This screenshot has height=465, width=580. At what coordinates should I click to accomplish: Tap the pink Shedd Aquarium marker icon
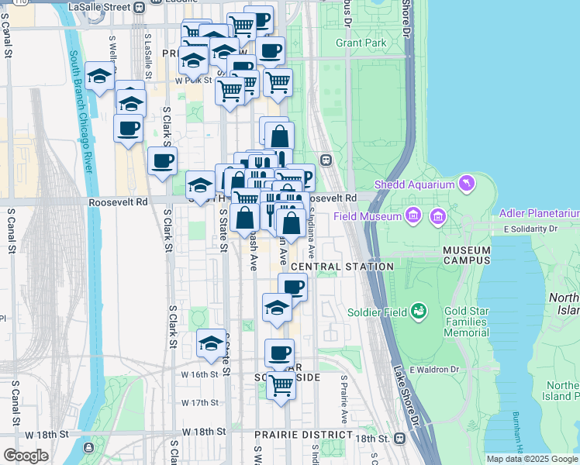click(466, 184)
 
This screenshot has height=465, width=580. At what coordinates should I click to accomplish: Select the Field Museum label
click(367, 215)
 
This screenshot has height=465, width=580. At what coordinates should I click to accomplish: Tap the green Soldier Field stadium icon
click(419, 312)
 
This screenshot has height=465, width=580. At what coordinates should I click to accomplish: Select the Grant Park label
click(361, 43)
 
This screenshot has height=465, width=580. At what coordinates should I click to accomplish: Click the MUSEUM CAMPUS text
click(467, 256)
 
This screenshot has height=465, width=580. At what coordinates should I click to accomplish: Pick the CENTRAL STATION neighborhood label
click(342, 267)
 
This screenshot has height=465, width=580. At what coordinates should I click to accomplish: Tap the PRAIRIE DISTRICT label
click(302, 435)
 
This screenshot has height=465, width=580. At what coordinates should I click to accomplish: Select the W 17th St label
click(200, 402)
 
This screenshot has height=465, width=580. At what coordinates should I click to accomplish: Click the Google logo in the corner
click(26, 456)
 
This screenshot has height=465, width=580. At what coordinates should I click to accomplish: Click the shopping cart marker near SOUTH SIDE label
click(281, 384)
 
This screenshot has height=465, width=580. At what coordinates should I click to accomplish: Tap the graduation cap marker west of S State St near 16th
click(211, 343)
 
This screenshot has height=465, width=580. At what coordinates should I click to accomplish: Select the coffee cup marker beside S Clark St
click(162, 161)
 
